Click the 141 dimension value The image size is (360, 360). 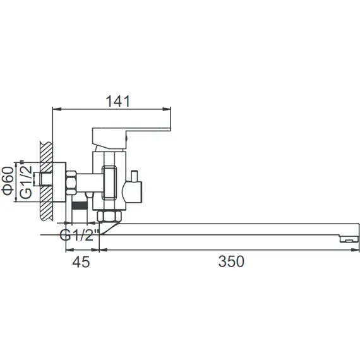pyautogui.click(x=117, y=101)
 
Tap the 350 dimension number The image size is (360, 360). pyautogui.click(x=231, y=261)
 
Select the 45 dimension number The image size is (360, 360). pyautogui.click(x=81, y=262)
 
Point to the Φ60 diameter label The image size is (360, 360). pyautogui.click(x=8, y=181)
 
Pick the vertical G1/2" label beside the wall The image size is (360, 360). pyautogui.click(x=26, y=179)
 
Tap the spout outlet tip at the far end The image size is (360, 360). pyautogui.click(x=349, y=239)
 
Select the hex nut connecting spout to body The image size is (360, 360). pyautogui.click(x=109, y=216)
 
